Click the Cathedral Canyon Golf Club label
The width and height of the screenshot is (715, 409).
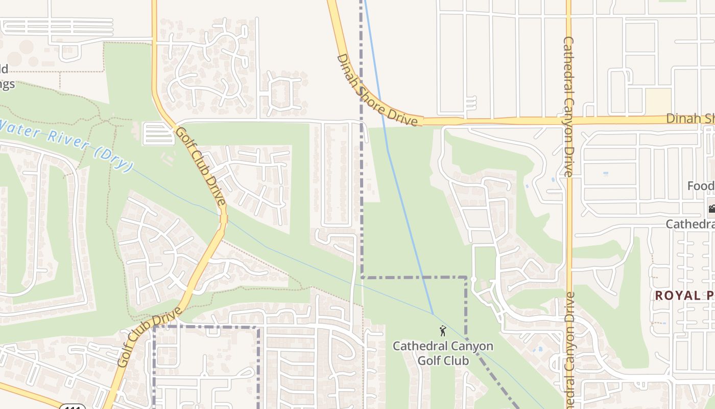point(443,353)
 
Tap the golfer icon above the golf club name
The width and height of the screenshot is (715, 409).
point(443,331)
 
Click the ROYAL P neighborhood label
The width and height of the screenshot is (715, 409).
point(684,296)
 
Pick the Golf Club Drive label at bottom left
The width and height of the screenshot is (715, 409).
point(150,337)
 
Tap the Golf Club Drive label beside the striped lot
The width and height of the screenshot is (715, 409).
point(201,166)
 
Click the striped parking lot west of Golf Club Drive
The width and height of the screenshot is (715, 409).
point(158,133)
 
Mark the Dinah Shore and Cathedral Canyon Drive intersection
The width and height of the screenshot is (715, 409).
point(569,121)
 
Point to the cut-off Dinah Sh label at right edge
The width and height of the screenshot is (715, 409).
point(690,119)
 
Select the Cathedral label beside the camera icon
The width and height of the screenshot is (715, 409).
point(690,224)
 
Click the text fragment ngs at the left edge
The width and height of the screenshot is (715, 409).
point(7,84)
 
